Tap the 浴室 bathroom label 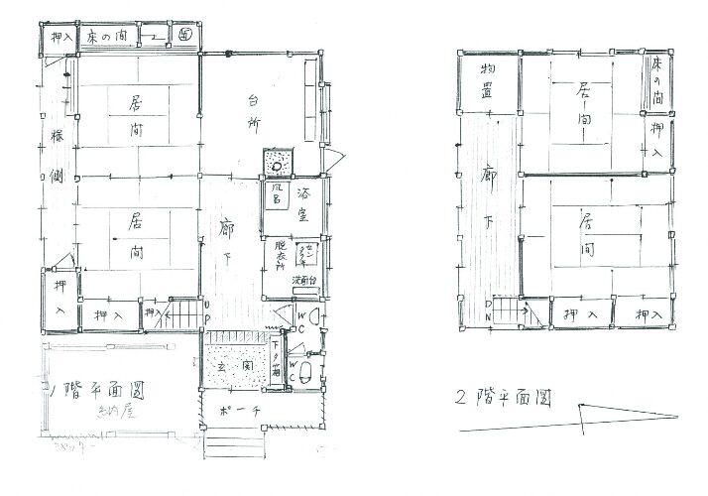click(x=301, y=195)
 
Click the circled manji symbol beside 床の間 click(x=186, y=34)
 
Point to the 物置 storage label click(x=486, y=81)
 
